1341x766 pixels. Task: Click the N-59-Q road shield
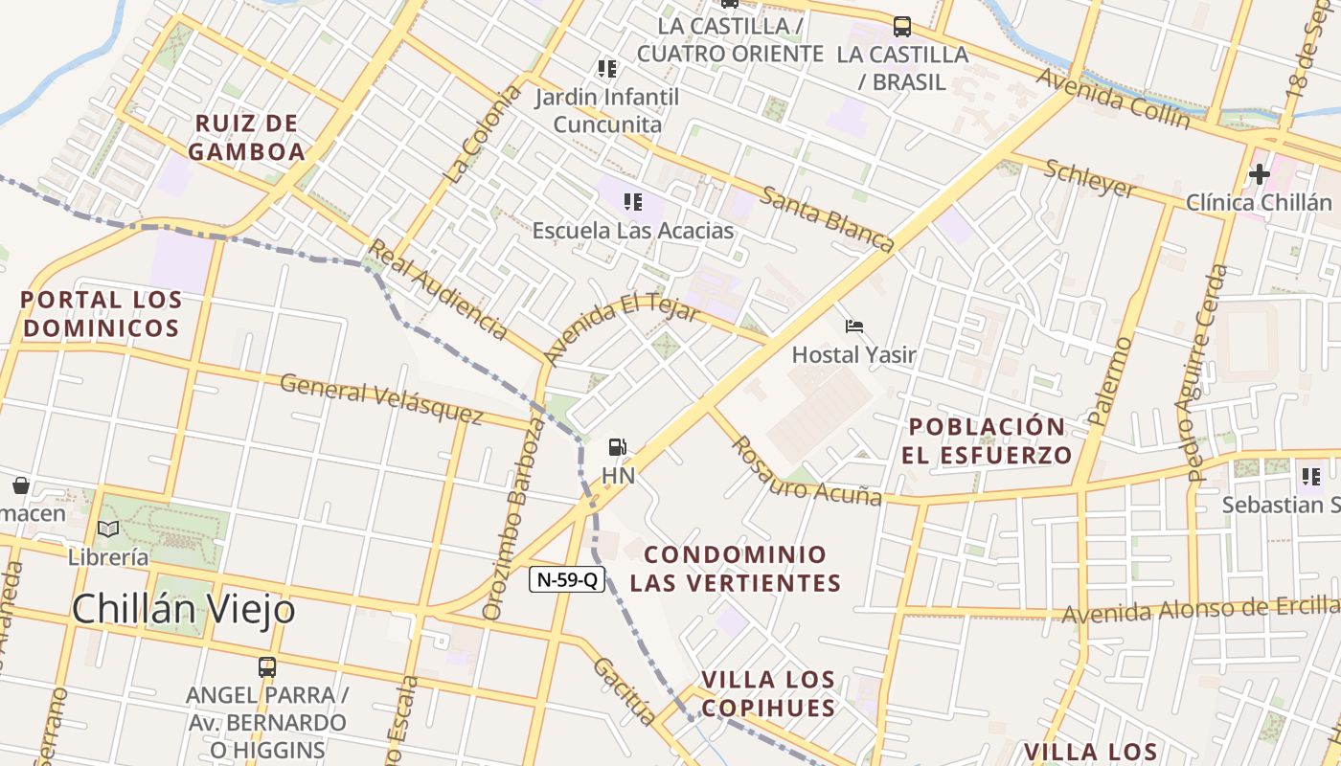pyautogui.click(x=567, y=579)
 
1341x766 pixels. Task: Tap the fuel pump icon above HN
pyautogui.click(x=618, y=447)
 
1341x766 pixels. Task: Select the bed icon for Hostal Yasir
pyautogui.click(x=854, y=327)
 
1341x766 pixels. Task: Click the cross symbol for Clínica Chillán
pyautogui.click(x=1260, y=174)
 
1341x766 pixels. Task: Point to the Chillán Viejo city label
pyautogui.click(x=183, y=609)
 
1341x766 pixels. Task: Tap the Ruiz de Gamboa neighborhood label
pyautogui.click(x=247, y=137)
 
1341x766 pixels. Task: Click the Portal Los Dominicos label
pyautogui.click(x=101, y=314)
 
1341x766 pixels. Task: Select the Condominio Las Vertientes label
pyautogui.click(x=735, y=569)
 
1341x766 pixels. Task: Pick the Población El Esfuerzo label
pyautogui.click(x=987, y=440)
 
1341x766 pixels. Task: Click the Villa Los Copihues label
pyautogui.click(x=768, y=694)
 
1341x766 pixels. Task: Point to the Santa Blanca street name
pyautogui.click(x=829, y=219)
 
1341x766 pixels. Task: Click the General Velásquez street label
pyautogui.click(x=381, y=399)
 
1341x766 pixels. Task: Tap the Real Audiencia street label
pyautogui.click(x=439, y=289)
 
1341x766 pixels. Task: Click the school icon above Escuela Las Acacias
pyautogui.click(x=632, y=201)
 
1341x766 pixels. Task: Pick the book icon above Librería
pyautogui.click(x=108, y=529)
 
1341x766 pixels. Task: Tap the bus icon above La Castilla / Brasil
pyautogui.click(x=901, y=26)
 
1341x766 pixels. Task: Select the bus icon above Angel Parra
pyautogui.click(x=267, y=666)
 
